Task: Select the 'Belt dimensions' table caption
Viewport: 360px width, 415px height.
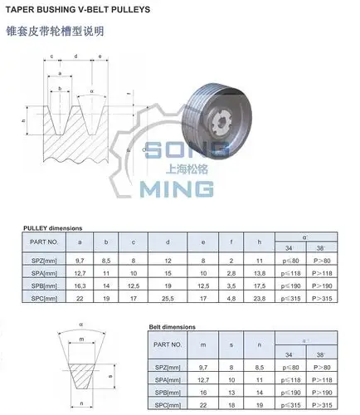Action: point(178,328)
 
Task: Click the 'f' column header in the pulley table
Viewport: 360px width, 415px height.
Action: point(233,242)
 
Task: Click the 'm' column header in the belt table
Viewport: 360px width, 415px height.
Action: point(202,344)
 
